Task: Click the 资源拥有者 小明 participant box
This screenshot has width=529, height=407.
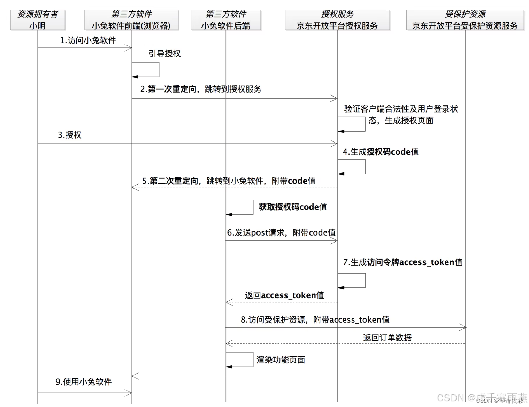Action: [38, 20]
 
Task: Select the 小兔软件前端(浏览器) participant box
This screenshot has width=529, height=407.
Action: [131, 20]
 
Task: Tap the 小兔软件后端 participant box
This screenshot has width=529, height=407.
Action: [226, 20]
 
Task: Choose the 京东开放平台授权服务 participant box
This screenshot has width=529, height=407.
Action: [337, 20]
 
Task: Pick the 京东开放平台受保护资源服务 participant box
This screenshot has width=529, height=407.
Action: [465, 20]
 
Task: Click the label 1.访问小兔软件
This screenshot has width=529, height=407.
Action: [88, 40]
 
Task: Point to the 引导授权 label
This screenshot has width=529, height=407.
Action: [164, 54]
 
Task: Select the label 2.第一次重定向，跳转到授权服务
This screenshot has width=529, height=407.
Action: [201, 89]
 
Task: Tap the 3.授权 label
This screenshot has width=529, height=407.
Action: [70, 135]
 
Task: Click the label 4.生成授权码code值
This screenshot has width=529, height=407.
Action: [381, 152]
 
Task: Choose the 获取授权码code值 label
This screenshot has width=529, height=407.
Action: [293, 207]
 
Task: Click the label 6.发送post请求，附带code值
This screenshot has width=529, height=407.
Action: [281, 232]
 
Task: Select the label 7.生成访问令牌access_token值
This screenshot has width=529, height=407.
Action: [402, 262]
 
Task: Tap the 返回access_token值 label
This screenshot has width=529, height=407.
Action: [284, 295]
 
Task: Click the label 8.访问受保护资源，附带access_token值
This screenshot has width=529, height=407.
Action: [315, 320]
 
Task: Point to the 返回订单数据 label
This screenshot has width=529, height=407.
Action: [387, 338]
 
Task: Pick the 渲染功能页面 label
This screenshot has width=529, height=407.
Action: [281, 360]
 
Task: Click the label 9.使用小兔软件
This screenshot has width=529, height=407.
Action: [84, 382]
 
